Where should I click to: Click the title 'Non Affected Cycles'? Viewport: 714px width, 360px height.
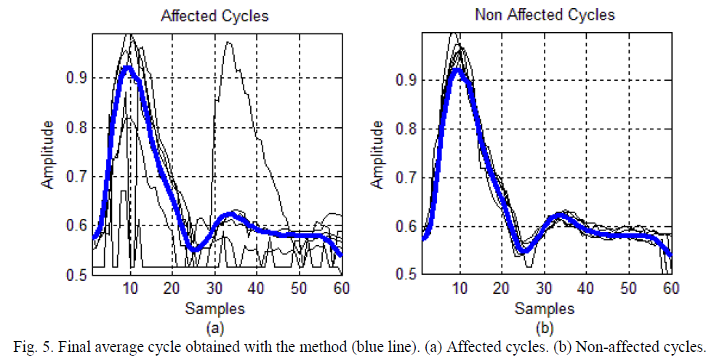tap(544, 15)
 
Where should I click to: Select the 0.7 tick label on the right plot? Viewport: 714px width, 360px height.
tap(404, 177)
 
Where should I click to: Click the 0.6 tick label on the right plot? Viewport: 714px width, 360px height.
tap(404, 226)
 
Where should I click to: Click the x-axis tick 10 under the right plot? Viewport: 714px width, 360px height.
tap(459, 288)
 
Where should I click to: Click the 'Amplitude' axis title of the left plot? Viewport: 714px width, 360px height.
tap(48, 156)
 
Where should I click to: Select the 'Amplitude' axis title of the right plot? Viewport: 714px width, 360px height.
tap(378, 156)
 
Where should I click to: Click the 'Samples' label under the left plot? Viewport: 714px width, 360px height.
tap(214, 308)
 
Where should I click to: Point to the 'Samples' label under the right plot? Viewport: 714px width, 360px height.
tap(545, 308)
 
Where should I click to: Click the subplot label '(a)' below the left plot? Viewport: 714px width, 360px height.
tap(214, 325)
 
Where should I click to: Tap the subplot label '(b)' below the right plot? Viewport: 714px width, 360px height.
tap(545, 325)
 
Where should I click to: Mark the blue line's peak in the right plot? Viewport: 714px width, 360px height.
tap(457, 70)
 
